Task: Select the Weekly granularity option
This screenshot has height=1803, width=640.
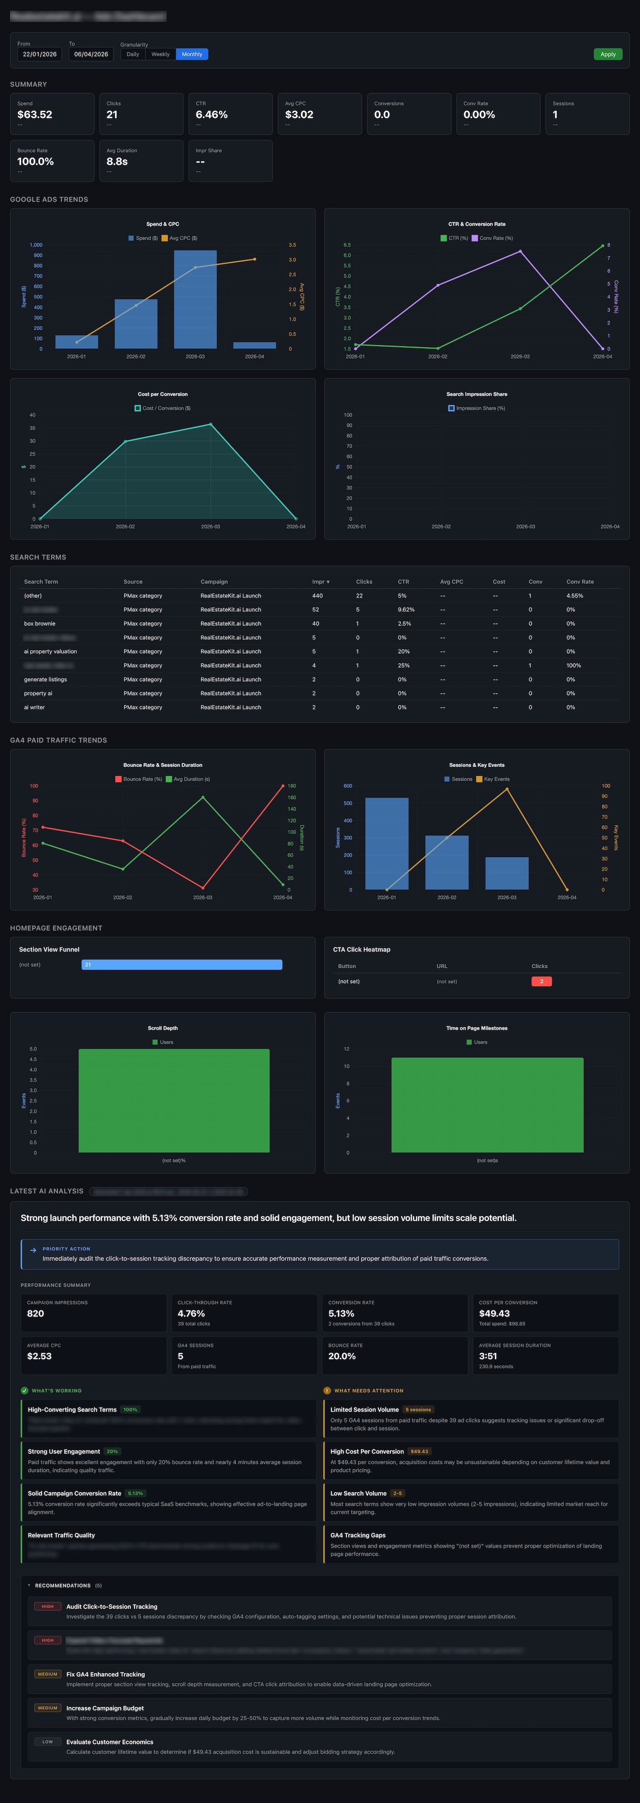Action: tap(160, 54)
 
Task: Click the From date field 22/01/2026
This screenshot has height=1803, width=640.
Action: tap(39, 54)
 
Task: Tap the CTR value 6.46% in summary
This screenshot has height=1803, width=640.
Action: tap(212, 115)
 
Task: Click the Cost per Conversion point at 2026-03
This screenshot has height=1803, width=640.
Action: tap(210, 424)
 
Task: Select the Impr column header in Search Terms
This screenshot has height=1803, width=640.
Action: tap(320, 581)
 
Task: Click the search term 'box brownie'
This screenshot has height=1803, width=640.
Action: tap(39, 624)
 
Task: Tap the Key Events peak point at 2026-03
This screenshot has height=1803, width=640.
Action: tap(507, 790)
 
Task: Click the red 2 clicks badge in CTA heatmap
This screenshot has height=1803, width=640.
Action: tap(541, 981)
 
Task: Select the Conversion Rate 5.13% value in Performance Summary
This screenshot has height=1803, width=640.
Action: tap(341, 1314)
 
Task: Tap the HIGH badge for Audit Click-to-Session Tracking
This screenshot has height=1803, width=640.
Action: tap(48, 1606)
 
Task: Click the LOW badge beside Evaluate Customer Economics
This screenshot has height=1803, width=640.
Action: tap(48, 1742)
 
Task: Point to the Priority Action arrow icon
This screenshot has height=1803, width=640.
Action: tap(33, 1250)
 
